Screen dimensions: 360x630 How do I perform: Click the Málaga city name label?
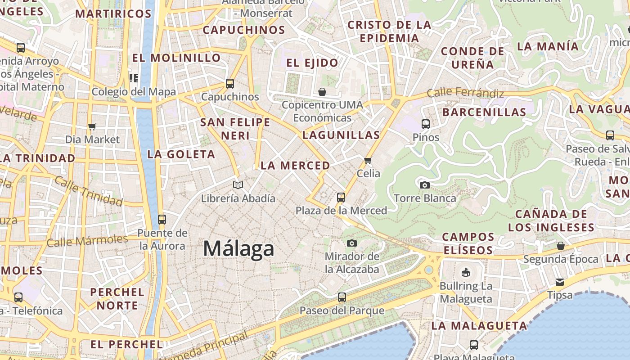(x=238, y=249)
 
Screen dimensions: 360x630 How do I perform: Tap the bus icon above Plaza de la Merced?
(x=341, y=197)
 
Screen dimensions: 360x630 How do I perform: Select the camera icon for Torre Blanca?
(x=424, y=185)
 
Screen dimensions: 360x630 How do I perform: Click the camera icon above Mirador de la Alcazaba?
(x=352, y=243)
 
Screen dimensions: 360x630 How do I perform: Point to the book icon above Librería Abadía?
(x=238, y=185)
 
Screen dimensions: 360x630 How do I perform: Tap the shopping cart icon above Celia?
(x=368, y=160)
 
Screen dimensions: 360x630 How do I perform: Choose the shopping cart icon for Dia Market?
(x=92, y=126)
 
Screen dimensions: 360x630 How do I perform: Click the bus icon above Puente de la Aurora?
(x=162, y=220)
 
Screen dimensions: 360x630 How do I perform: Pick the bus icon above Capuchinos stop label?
(x=230, y=83)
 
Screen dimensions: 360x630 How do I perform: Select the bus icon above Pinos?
(x=426, y=124)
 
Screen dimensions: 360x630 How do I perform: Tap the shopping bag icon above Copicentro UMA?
(x=322, y=92)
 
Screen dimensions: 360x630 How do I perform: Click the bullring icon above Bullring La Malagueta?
(x=466, y=273)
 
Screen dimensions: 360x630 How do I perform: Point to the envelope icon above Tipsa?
(x=560, y=282)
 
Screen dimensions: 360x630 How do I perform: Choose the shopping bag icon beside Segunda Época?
(x=560, y=246)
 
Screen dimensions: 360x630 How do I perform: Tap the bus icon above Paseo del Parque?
(x=342, y=297)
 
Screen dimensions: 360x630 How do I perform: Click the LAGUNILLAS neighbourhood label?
(x=341, y=135)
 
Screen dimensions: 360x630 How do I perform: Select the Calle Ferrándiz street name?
(x=465, y=93)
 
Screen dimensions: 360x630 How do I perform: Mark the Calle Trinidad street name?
(x=88, y=191)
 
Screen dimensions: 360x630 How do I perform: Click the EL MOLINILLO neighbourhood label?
(x=176, y=58)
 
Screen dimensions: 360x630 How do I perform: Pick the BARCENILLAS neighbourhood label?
(x=484, y=112)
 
